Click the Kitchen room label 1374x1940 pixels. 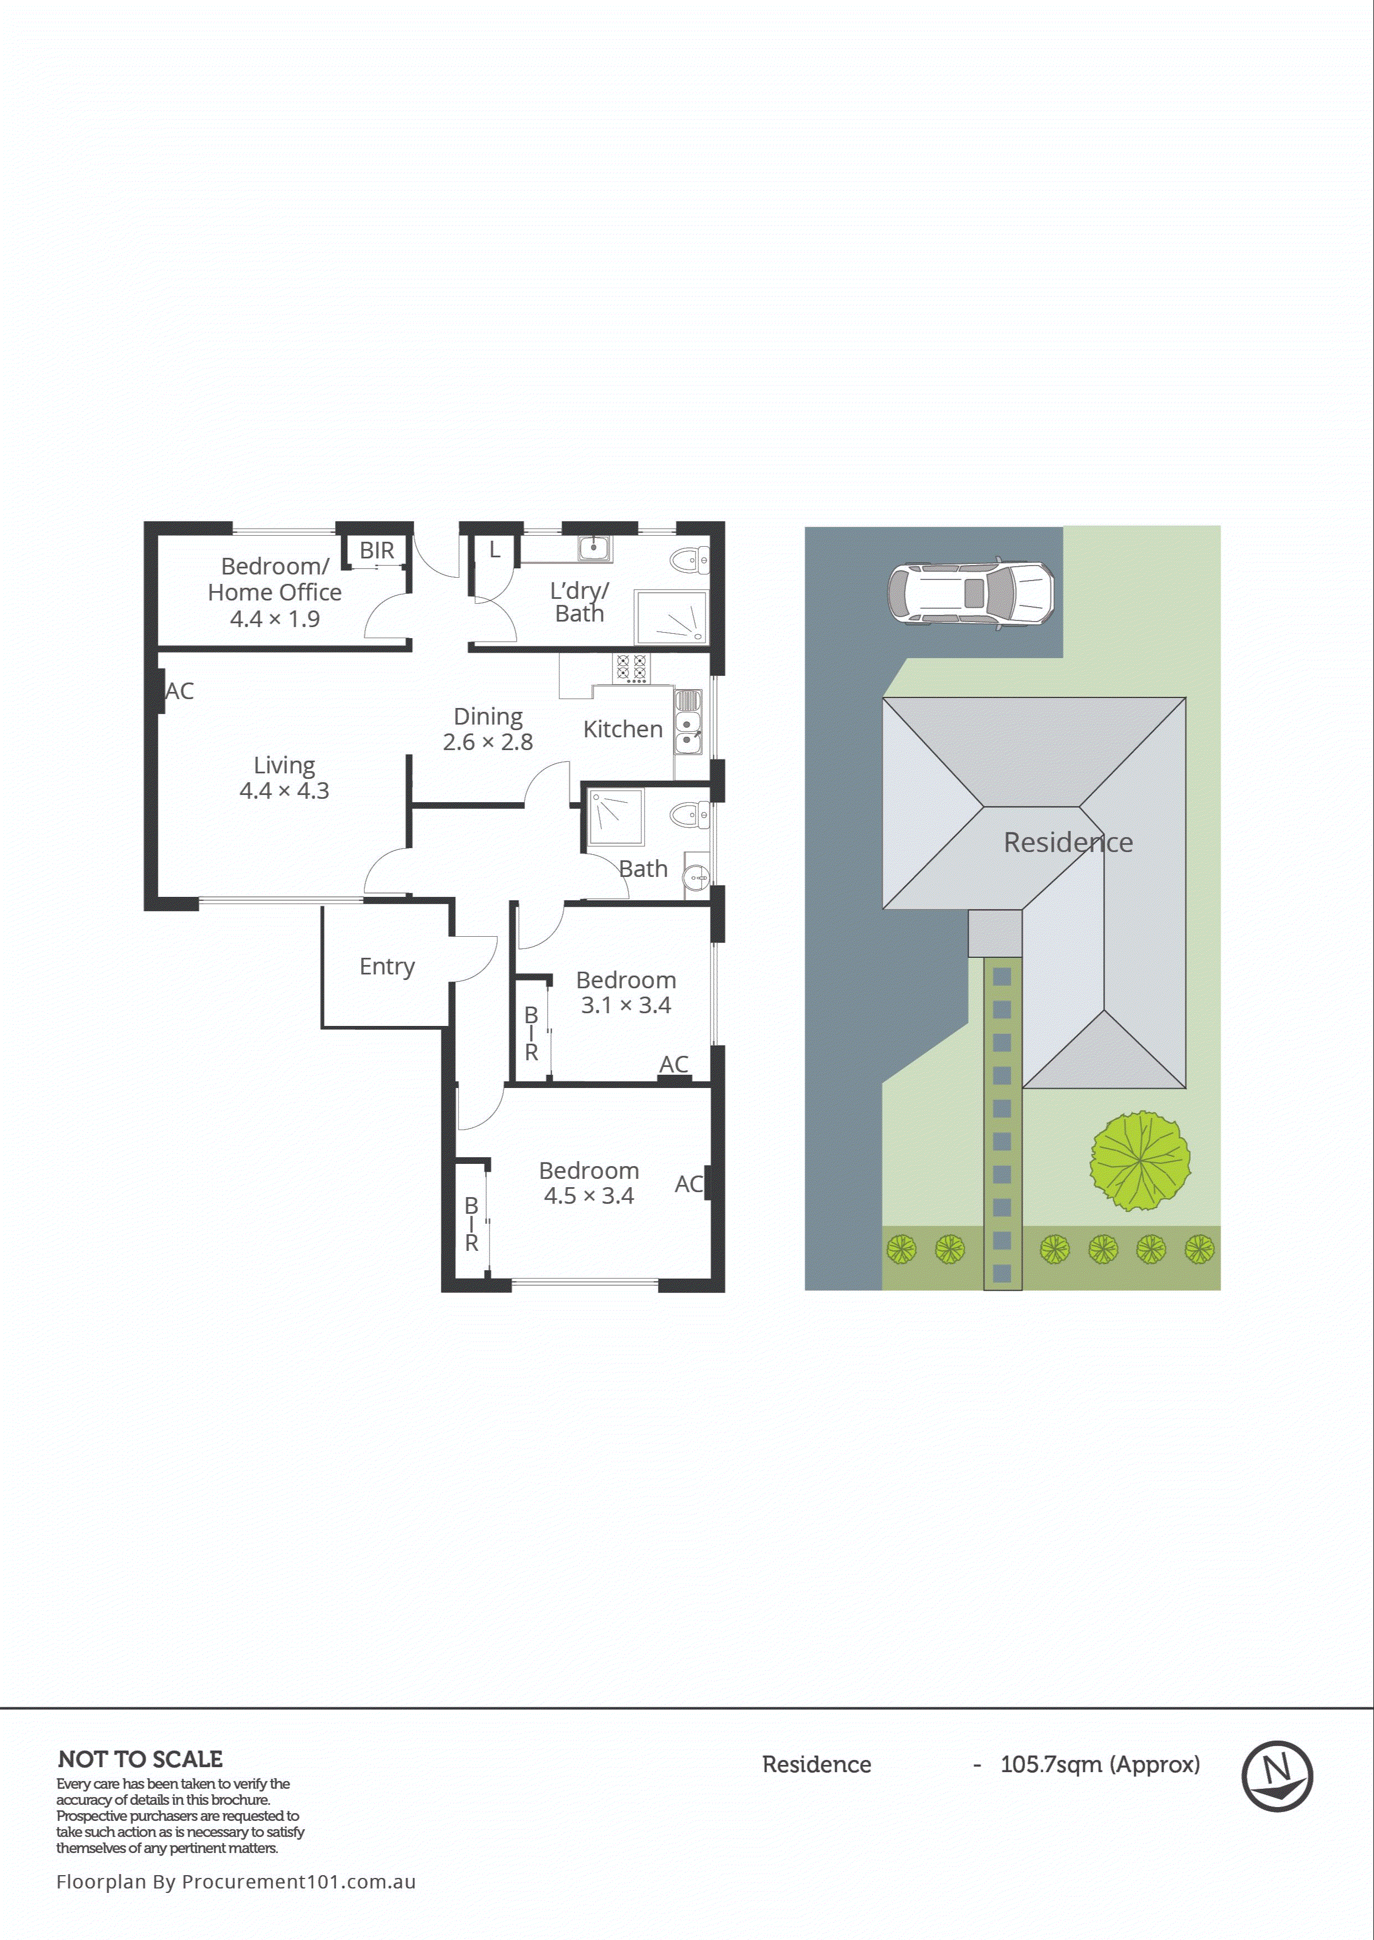pos(622,729)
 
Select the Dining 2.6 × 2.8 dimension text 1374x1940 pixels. pos(488,742)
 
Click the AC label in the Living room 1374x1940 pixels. pos(179,691)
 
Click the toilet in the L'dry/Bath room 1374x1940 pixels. pos(689,560)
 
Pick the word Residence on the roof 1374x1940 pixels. pos(1068,843)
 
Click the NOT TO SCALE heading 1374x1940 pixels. pos(141,1760)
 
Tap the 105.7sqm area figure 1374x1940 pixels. pos(1052,1765)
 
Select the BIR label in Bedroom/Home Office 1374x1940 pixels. pos(377,551)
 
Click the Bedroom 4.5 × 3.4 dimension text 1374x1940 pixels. pos(589,1195)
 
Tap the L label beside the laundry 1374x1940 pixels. pos(495,550)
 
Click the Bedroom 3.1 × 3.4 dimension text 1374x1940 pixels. pos(626,1005)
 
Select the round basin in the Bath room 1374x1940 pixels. pos(696,877)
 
